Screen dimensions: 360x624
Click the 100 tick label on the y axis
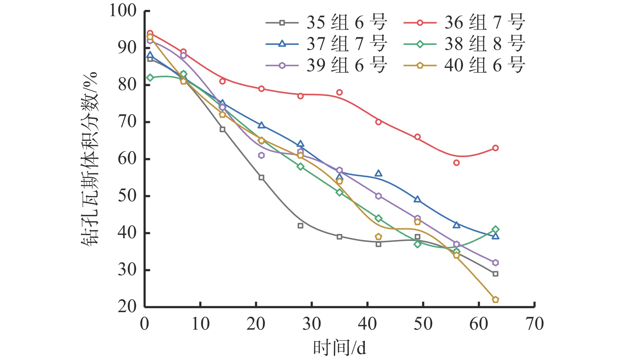point(123,11)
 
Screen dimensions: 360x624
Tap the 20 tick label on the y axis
point(127,307)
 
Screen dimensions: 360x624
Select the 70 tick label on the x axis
point(535,324)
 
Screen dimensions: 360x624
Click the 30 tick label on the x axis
point(311,324)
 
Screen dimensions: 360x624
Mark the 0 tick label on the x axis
point(145,324)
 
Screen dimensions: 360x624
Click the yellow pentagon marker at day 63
point(495,300)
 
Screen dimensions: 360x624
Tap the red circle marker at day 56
point(456,163)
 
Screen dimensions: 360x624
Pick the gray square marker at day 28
point(300,226)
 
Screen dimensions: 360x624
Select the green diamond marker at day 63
point(495,229)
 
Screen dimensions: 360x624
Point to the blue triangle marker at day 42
point(378,174)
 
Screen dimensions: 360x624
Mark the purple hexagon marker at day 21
point(261,155)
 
